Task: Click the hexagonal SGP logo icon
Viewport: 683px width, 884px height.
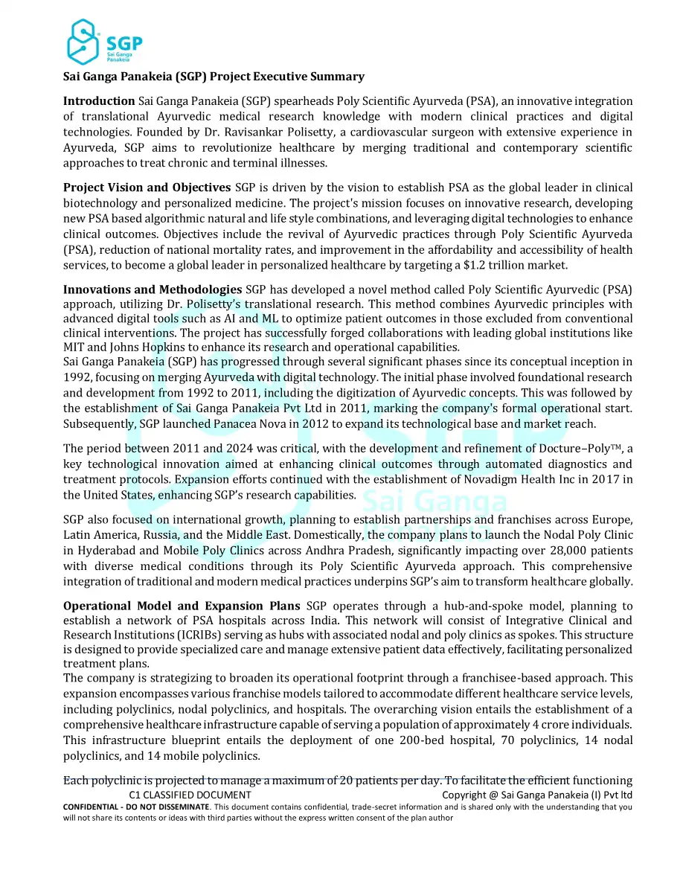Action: (x=84, y=42)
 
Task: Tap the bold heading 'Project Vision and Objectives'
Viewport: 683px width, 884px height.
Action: (x=147, y=188)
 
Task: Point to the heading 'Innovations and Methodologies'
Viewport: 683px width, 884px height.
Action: (x=153, y=289)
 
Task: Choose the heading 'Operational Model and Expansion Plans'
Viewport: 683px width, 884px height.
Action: (x=183, y=606)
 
